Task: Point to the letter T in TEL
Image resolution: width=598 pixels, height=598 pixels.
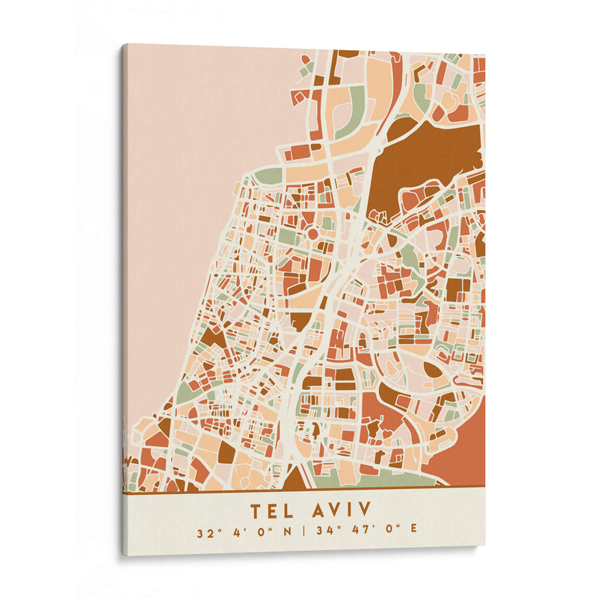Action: point(256,511)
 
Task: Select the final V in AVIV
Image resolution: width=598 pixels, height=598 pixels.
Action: point(366,511)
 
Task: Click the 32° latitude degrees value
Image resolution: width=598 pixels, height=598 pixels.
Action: point(206,534)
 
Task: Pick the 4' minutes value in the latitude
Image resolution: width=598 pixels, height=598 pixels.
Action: point(235,534)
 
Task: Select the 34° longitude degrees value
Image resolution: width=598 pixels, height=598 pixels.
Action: point(324,534)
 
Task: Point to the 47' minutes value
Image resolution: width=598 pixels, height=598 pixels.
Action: point(357,534)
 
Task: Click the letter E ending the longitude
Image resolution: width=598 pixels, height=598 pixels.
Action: point(413,534)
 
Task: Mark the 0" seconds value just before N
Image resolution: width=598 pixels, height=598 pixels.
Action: point(262,534)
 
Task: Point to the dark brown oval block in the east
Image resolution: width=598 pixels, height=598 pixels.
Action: point(433,369)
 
